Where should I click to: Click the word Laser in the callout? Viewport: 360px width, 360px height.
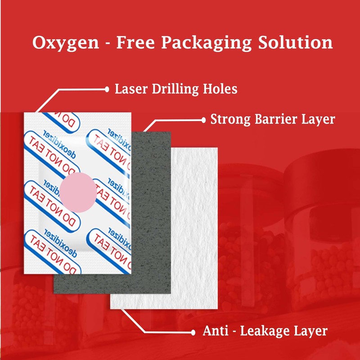pos(130,89)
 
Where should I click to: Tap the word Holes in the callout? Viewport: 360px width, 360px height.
pos(219,89)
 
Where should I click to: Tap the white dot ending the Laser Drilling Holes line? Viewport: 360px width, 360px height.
pos(107,89)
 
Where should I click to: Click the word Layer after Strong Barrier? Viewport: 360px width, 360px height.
pos(319,119)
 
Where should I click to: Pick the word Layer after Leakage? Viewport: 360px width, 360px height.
pos(312,332)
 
